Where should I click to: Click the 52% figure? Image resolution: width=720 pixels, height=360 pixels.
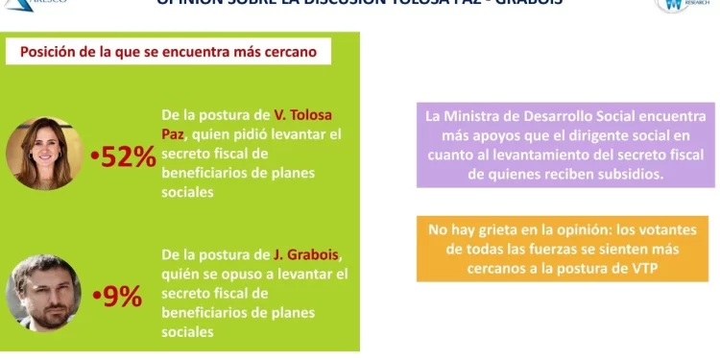pyautogui.click(x=129, y=158)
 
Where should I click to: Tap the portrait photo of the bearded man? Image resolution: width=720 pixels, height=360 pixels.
pyautogui.click(x=43, y=293)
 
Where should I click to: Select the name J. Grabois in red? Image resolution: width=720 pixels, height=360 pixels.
pyautogui.click(x=306, y=254)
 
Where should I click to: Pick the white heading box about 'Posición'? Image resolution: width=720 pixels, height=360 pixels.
pyautogui.click(x=169, y=52)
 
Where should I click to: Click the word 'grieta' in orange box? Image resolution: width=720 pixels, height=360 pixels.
pyautogui.click(x=514, y=230)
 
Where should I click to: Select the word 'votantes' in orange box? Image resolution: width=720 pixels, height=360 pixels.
pyautogui.click(x=676, y=230)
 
